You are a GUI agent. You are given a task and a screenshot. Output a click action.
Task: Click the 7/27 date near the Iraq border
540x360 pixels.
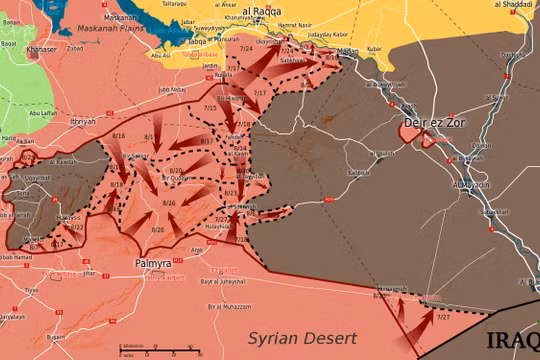(x=443, y=316)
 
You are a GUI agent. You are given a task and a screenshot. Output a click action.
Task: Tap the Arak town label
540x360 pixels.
(x=197, y=250)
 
